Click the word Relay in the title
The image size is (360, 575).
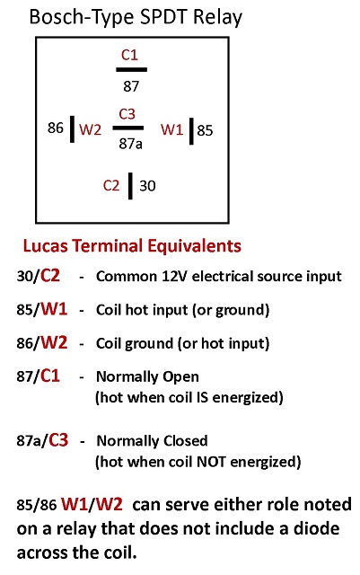coord(217,17)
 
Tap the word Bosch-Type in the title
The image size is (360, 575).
coord(82,18)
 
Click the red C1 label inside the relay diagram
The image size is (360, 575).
coord(129,55)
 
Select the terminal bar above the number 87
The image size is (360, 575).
coord(132,69)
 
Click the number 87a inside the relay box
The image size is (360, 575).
coord(130,144)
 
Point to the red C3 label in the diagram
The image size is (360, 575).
coord(127,114)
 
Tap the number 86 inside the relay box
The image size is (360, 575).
coord(56,128)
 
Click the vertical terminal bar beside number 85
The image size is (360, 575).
coord(191,131)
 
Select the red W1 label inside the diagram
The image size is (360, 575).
coord(171,129)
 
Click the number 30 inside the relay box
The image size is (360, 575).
coord(147,186)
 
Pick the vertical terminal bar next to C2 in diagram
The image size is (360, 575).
coord(130,186)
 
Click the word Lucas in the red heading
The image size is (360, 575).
coord(46,245)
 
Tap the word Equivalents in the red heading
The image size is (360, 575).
coord(194,245)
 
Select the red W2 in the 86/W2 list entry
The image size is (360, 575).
coord(54,342)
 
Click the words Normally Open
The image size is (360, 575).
coord(147,376)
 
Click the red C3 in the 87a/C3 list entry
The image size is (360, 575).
coord(58,439)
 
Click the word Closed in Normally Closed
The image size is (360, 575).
coord(185,440)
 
